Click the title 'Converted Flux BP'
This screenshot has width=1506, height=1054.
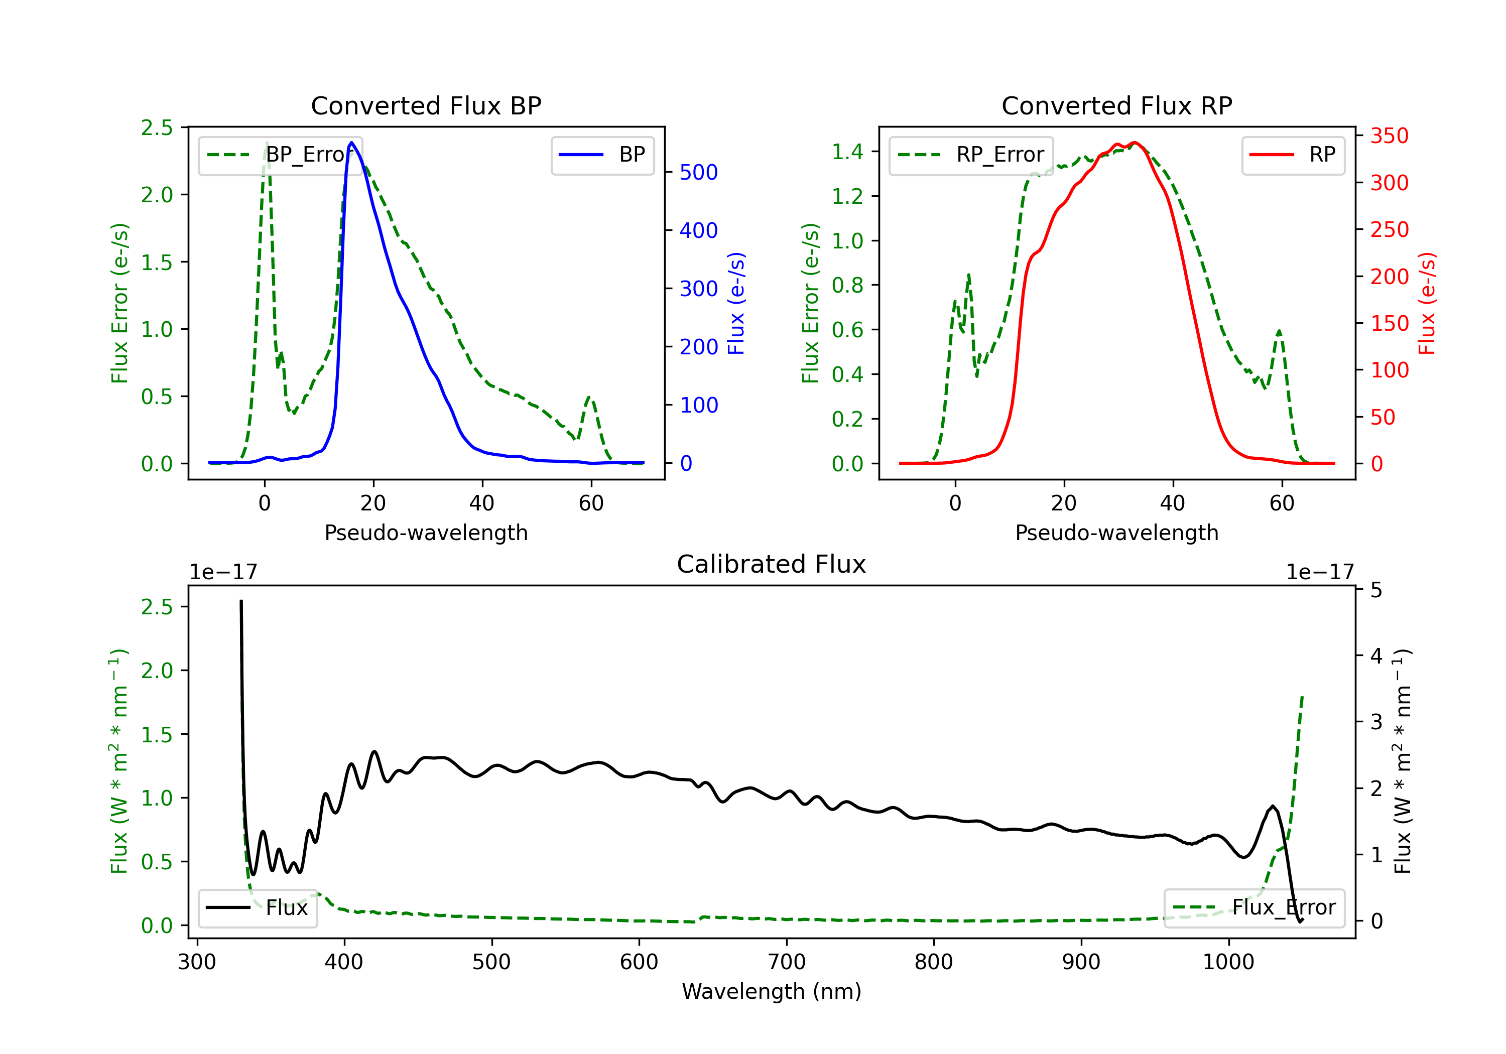point(426,105)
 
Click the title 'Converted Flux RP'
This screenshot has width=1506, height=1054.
point(1116,105)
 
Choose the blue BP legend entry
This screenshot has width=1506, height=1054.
point(602,155)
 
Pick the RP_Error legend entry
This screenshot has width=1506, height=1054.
point(971,155)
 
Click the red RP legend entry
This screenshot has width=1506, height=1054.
point(1293,155)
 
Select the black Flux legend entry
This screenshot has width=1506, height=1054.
point(257,908)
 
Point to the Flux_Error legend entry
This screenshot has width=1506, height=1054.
point(1253,908)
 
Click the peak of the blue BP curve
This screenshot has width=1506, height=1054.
point(351,143)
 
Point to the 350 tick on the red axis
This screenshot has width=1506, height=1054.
point(1389,136)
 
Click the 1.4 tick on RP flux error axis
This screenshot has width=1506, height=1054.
point(847,152)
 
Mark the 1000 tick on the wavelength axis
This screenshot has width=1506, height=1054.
point(1228,962)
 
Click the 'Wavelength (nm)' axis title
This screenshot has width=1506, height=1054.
point(772,991)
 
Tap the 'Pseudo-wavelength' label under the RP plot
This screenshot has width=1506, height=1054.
point(1116,533)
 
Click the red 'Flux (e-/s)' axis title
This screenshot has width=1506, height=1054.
point(1427,304)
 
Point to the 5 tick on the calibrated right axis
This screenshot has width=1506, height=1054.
point(1376,590)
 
